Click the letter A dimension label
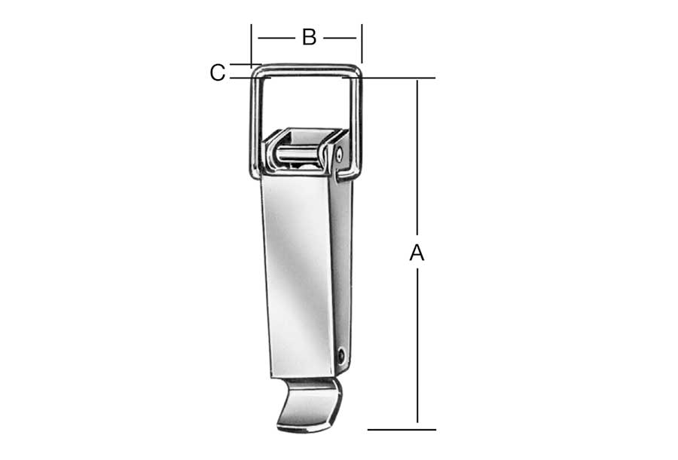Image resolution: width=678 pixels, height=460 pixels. click(x=417, y=253)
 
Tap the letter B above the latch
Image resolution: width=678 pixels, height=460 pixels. click(x=309, y=37)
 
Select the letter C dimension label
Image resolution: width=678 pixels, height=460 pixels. click(x=218, y=72)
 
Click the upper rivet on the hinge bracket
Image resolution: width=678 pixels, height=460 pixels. click(x=340, y=154)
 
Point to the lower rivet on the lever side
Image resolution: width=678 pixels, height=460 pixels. click(x=341, y=355)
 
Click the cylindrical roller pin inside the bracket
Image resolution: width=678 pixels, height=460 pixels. click(x=298, y=154)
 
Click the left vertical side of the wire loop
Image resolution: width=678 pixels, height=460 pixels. click(x=255, y=125)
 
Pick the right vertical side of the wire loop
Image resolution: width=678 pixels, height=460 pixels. click(x=358, y=125)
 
